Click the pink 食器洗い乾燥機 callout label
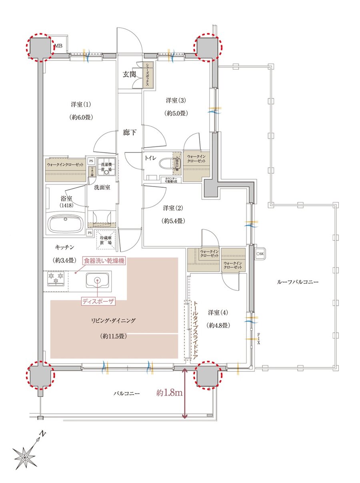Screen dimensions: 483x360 (x=104, y=261)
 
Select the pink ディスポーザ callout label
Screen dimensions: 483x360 (x=98, y=302)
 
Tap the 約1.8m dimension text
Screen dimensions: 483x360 (x=170, y=393)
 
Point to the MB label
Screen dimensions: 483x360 (x=59, y=45)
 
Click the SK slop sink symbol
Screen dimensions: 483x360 (x=260, y=254)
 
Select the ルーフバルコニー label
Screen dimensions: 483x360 (x=298, y=282)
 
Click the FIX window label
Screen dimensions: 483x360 (x=258, y=339)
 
